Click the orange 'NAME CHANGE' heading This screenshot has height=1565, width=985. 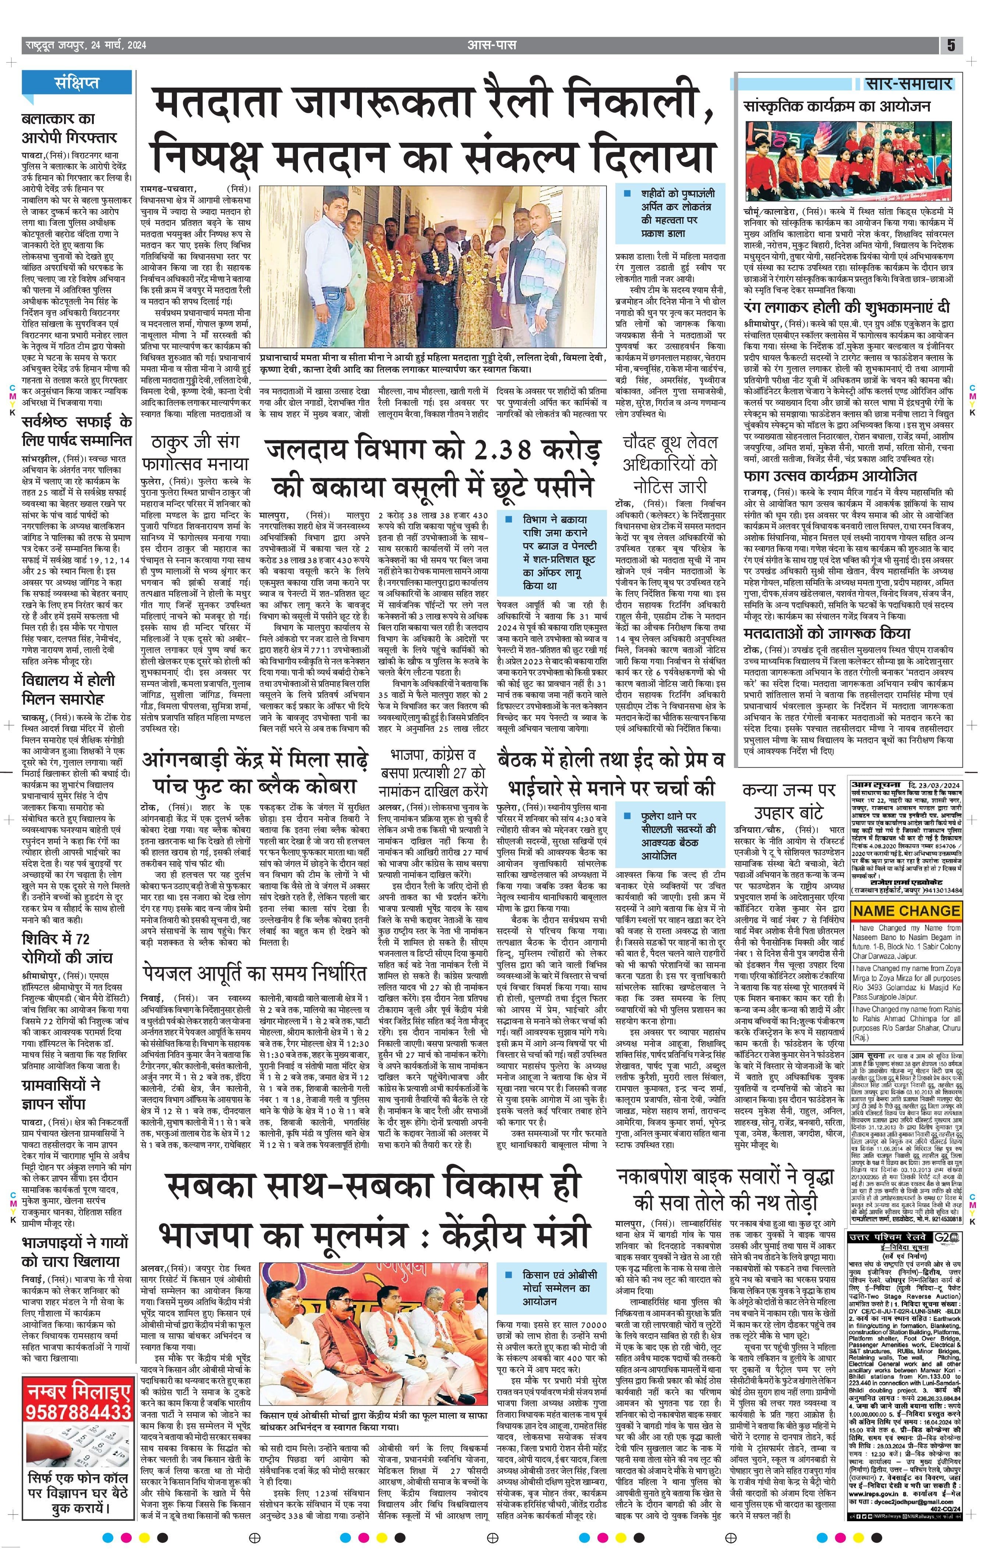tap(906, 910)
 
